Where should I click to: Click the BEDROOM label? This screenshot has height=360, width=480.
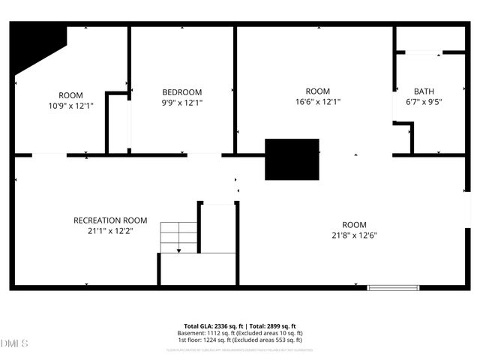(x=182, y=91)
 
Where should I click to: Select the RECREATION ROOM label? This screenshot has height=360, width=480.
(x=110, y=220)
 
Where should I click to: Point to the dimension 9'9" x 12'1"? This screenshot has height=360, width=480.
(x=182, y=102)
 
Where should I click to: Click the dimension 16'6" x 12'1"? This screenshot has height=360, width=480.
(x=318, y=102)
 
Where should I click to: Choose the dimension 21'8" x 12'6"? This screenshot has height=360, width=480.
(x=354, y=235)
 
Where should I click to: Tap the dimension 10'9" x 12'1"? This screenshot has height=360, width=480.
(x=70, y=106)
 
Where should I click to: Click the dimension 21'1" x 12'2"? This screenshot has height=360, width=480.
(x=110, y=231)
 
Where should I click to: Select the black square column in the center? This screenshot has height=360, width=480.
(x=292, y=159)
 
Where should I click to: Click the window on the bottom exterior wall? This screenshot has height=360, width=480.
(x=393, y=286)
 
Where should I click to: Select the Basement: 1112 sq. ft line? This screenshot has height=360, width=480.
(x=240, y=333)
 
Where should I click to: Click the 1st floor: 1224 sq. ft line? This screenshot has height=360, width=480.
(x=240, y=340)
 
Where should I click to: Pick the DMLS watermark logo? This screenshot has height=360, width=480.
(x=14, y=343)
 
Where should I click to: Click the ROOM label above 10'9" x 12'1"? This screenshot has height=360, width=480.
(x=70, y=95)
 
